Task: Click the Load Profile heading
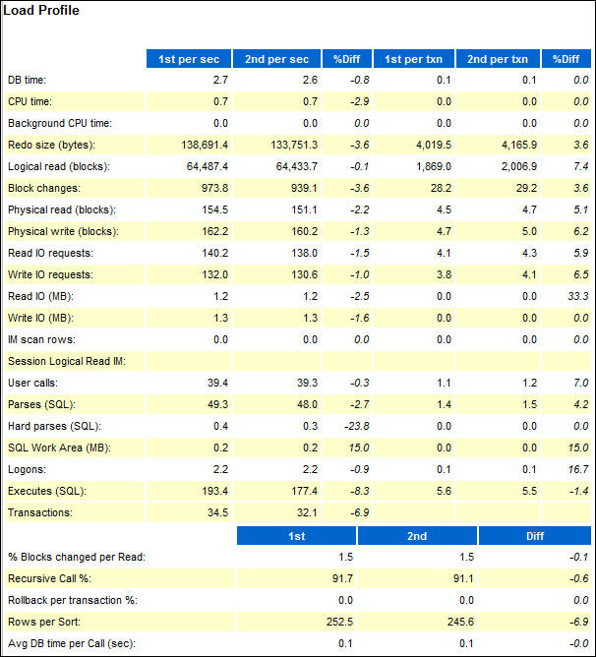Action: click(41, 11)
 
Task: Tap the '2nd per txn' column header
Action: click(498, 59)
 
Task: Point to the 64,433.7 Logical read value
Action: click(291, 165)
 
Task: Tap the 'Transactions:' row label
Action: click(41, 512)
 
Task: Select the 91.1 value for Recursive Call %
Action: click(458, 578)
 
